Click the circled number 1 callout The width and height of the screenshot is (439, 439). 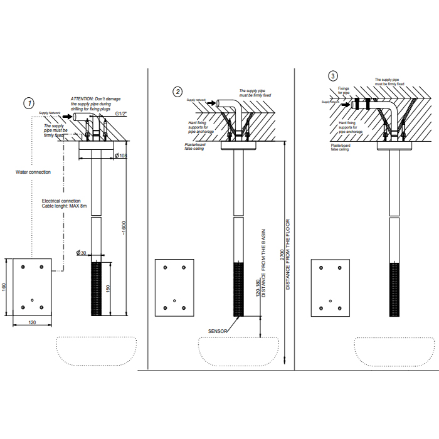pyautogui.click(x=28, y=103)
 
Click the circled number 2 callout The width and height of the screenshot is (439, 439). pyautogui.click(x=178, y=92)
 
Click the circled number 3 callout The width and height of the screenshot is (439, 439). pyautogui.click(x=332, y=76)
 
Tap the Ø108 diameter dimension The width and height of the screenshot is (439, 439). pyautogui.click(x=122, y=156)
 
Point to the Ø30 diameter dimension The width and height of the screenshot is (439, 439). pyautogui.click(x=81, y=252)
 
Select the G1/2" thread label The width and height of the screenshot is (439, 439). pyautogui.click(x=121, y=114)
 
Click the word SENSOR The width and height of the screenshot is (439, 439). pyautogui.click(x=218, y=330)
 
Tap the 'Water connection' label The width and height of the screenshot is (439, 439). pyautogui.click(x=33, y=172)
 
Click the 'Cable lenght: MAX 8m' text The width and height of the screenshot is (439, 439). pyautogui.click(x=63, y=206)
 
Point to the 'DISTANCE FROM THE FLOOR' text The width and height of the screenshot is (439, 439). pyautogui.click(x=288, y=253)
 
